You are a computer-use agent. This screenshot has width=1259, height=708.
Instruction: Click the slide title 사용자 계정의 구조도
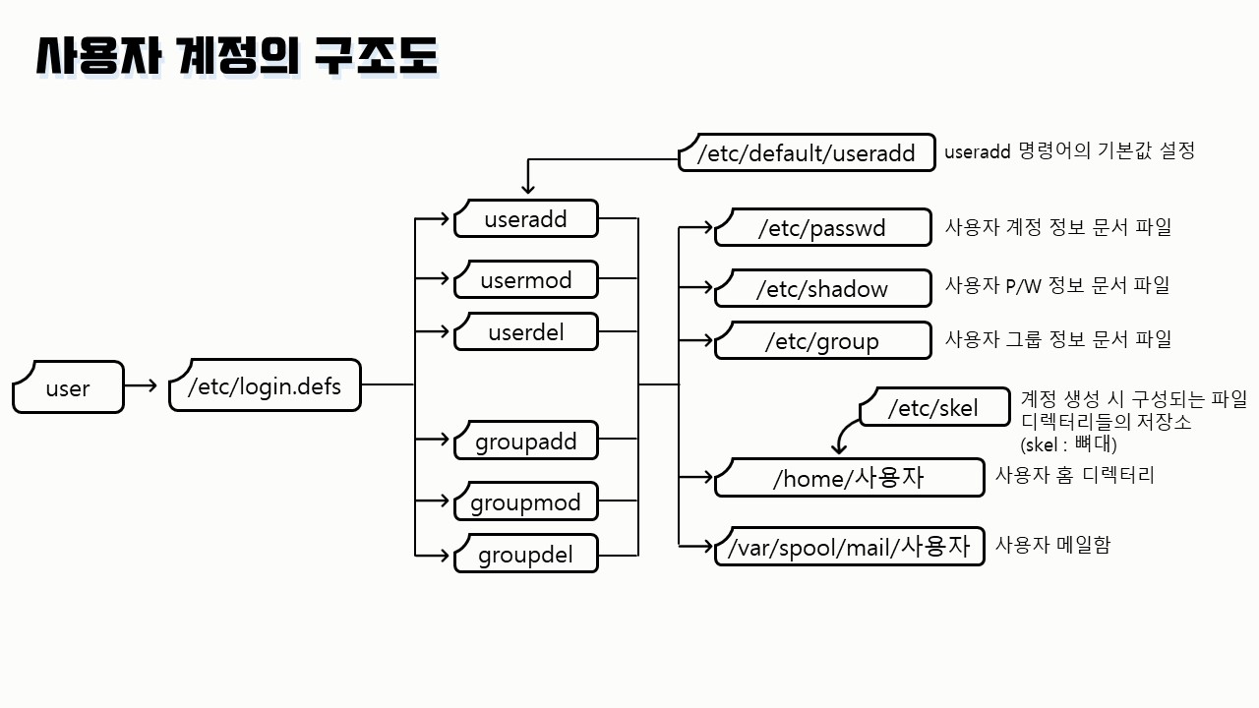point(237,57)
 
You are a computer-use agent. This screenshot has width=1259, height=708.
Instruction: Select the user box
point(68,387)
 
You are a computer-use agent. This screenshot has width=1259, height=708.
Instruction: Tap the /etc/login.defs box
point(265,385)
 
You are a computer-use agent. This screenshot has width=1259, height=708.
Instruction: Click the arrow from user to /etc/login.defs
point(142,385)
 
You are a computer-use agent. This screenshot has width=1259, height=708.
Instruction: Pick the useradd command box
point(525,219)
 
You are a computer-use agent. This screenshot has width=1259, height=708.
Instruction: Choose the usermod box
point(525,280)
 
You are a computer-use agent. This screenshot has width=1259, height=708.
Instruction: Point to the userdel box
point(525,332)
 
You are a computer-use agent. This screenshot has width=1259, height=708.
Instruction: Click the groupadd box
point(525,442)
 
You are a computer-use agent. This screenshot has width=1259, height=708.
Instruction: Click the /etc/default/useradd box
point(807,153)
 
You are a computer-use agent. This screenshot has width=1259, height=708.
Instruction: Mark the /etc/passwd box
point(822,228)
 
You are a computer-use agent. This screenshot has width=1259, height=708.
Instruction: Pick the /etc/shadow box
point(822,289)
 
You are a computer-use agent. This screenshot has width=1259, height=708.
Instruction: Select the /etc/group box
point(822,341)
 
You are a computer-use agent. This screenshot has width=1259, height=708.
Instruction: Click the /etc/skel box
point(933,407)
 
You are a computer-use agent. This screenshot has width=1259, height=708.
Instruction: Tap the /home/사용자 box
point(849,478)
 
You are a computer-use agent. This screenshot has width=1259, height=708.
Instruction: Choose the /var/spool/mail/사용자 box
point(849,547)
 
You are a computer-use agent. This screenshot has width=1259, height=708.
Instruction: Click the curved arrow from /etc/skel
point(844,433)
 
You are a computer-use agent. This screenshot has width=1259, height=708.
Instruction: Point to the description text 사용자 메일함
point(1052,544)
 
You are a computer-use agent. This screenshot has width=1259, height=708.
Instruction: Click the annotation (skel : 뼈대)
point(1068,443)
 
